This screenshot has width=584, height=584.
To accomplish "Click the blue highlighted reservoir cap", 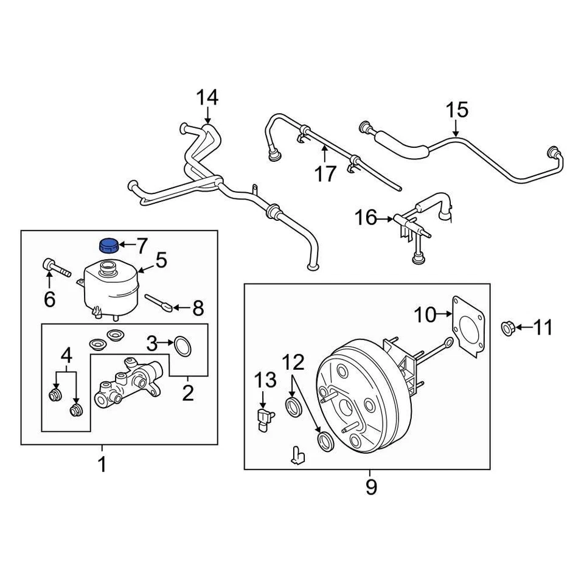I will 108,245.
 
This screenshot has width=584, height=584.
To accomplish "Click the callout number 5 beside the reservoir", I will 160,262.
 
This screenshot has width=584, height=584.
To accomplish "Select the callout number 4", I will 65,355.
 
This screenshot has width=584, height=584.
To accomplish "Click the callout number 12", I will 292,363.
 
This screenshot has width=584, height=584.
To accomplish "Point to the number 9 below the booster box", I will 371,487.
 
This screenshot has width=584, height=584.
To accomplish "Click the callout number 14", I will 207,97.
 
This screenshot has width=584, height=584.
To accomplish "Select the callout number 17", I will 325,174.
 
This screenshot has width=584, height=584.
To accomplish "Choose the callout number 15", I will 457,110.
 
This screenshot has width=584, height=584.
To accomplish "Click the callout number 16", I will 366,217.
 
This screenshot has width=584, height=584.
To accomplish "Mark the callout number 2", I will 187,393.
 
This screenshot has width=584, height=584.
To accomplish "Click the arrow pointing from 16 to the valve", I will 387,217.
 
